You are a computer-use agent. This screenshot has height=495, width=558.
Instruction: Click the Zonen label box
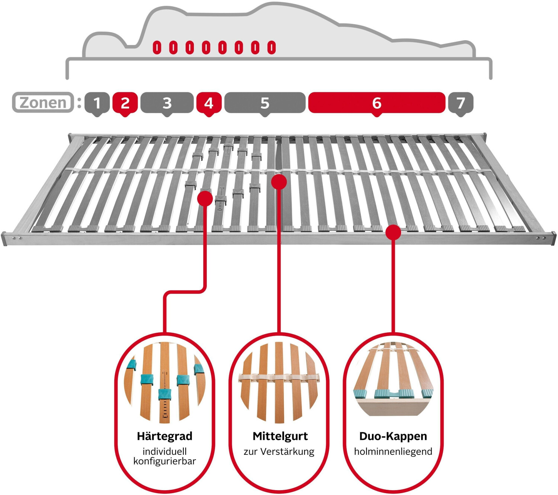43,102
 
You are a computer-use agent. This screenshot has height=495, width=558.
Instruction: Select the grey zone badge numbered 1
97,103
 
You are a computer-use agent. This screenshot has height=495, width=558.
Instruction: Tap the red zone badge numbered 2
125,103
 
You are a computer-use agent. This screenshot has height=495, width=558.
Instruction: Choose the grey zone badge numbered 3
167,103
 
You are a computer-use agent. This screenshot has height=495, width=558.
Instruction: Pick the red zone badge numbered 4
209,103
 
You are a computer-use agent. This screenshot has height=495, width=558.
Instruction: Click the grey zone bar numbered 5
265,103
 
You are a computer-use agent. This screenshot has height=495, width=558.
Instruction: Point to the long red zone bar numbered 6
376,103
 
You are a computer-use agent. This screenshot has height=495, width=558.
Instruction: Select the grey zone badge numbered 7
461,103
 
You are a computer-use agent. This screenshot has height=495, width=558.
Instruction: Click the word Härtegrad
165,436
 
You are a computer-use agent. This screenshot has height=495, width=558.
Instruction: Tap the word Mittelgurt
280,436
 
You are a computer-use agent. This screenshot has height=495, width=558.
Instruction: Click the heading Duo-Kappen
393,436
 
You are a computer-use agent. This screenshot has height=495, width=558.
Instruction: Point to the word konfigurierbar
165,461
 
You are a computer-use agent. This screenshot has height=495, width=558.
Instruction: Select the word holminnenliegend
393,451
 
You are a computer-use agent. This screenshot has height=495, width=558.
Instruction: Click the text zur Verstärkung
279,452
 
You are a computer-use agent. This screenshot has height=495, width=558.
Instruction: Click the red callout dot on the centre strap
279,182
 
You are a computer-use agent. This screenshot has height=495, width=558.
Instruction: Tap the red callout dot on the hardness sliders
205,198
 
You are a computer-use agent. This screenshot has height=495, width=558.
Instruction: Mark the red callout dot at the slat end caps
393,233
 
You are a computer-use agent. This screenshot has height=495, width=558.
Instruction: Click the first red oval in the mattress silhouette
157,47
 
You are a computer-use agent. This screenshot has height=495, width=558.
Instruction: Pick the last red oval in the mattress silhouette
272,47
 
